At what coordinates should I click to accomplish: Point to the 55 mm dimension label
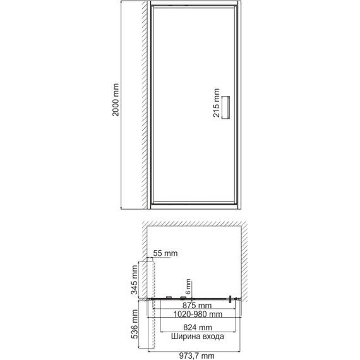click(x=165, y=253)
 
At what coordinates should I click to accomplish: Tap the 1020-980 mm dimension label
click(x=195, y=315)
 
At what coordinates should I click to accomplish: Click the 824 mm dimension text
click(x=195, y=328)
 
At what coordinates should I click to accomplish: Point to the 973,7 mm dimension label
click(x=195, y=355)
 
